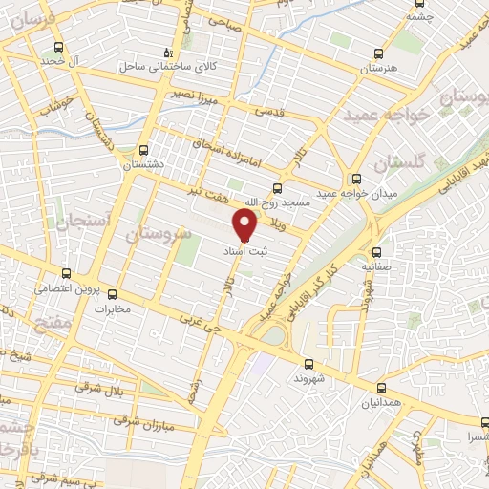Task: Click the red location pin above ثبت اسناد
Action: click(245, 225)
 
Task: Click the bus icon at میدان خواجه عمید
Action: click(355, 178)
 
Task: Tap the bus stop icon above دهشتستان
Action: click(143, 150)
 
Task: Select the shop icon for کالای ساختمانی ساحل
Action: click(168, 53)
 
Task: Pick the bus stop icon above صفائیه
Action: click(376, 253)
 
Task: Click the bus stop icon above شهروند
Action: click(309, 364)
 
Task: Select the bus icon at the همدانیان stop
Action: click(383, 387)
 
